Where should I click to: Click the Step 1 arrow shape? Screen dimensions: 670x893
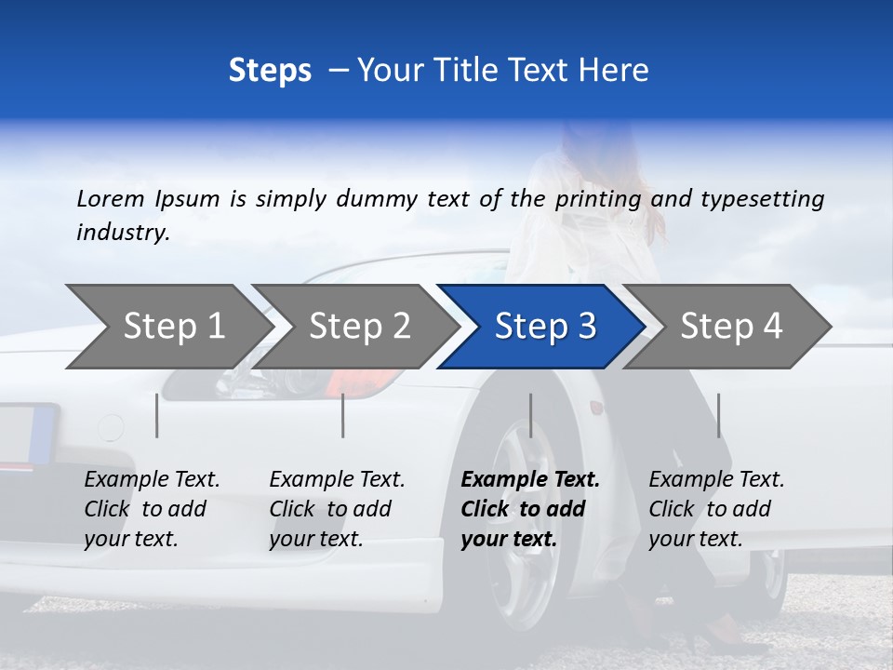167,327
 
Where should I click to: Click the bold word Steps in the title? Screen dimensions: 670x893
270,70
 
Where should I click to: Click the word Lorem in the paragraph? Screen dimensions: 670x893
111,198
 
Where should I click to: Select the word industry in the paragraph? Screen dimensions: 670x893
122,233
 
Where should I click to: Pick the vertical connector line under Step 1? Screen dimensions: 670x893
157,415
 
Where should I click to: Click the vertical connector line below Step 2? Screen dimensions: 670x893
343,415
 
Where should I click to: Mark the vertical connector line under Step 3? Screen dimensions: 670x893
531,415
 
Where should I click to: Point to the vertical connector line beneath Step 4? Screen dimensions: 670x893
718,415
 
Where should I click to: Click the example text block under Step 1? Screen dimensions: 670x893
152,509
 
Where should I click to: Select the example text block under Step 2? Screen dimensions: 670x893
337,509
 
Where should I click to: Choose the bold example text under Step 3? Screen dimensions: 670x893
530,509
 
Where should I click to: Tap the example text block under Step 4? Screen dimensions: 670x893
716,509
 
